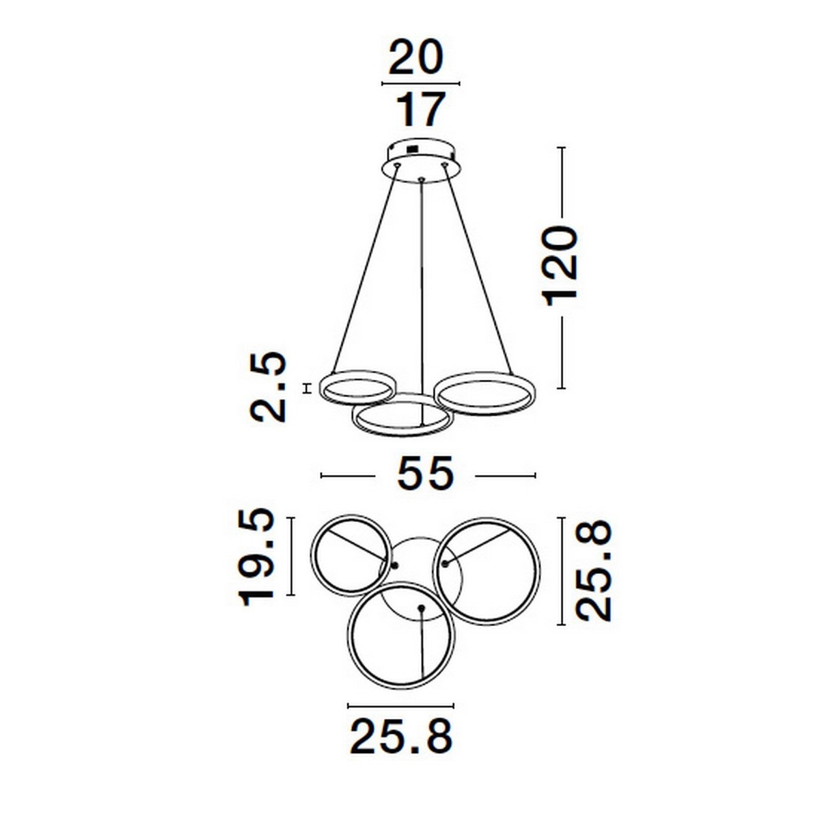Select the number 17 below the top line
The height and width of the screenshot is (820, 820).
point(422,109)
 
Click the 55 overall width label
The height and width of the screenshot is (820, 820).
point(425,474)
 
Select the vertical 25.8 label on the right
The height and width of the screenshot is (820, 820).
point(592,571)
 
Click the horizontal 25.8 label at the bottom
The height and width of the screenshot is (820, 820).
point(401,736)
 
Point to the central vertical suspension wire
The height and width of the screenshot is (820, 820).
point(422,287)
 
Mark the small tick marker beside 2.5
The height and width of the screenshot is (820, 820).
point(307,387)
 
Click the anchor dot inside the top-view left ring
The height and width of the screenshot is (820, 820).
point(394,564)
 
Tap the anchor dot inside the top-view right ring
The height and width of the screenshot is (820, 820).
point(444,564)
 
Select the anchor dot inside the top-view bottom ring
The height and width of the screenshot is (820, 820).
point(420,607)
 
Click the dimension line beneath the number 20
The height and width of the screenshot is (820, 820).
point(420,84)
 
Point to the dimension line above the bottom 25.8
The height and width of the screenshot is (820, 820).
point(400,705)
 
